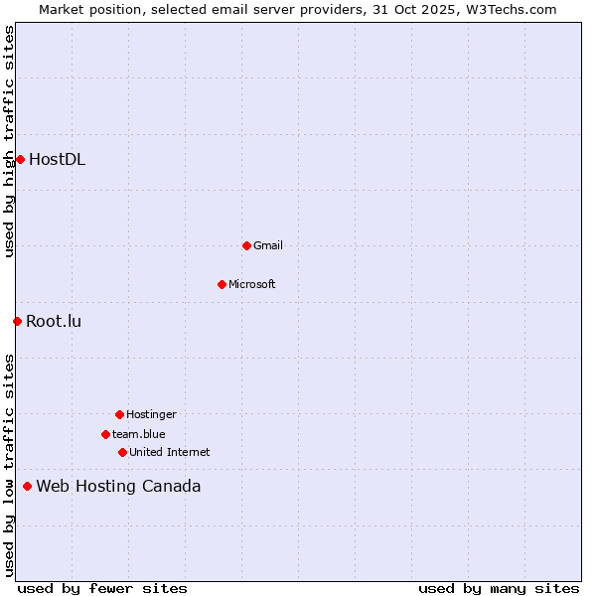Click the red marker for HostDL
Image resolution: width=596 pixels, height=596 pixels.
click(20, 159)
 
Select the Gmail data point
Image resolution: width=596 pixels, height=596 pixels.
click(246, 245)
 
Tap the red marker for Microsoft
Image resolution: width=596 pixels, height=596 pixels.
click(222, 284)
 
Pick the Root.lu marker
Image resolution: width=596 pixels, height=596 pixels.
click(17, 321)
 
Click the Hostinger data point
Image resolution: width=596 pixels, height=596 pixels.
click(119, 414)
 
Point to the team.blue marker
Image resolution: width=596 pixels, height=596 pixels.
click(105, 434)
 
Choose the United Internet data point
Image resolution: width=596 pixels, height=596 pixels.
click(122, 452)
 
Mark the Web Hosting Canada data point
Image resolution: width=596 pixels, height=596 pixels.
click(27, 486)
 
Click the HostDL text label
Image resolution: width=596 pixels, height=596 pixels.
click(57, 159)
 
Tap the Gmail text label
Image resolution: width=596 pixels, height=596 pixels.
click(268, 245)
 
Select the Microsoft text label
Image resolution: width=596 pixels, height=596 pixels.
click(252, 284)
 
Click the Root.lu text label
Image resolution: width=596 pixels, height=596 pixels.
click(54, 321)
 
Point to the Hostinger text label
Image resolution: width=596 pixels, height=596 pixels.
click(151, 414)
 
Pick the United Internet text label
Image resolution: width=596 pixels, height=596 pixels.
click(170, 452)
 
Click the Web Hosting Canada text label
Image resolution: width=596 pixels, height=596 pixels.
click(118, 486)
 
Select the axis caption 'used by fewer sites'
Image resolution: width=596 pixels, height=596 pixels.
click(102, 588)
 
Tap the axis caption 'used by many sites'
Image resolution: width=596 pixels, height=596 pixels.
click(499, 588)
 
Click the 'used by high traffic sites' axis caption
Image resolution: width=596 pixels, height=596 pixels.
click(9, 141)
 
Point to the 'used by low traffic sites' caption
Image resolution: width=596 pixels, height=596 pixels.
click(9, 465)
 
